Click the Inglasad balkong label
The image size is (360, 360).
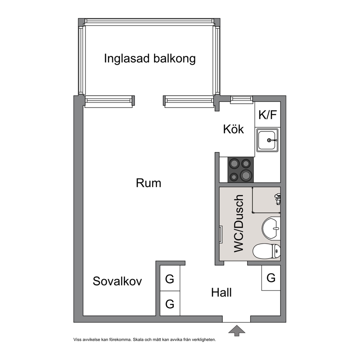pos(150,58)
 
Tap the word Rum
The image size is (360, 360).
pos(148,183)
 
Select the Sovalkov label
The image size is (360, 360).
pos(117,281)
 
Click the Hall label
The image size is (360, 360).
pos(221,293)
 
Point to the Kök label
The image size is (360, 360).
pos(233,129)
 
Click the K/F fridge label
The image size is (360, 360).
pos(268,115)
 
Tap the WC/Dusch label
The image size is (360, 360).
pos(239,224)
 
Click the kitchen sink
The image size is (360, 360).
pos(267,140)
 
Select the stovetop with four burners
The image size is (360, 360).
pos(241,170)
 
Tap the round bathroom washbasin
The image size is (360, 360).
pos(271,228)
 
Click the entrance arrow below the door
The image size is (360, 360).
pos(237,331)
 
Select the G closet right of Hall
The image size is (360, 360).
pos(271,278)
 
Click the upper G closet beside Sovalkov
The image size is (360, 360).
pos(170,278)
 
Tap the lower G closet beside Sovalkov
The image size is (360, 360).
pos(170,303)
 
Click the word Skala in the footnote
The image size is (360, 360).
pos(138,340)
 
